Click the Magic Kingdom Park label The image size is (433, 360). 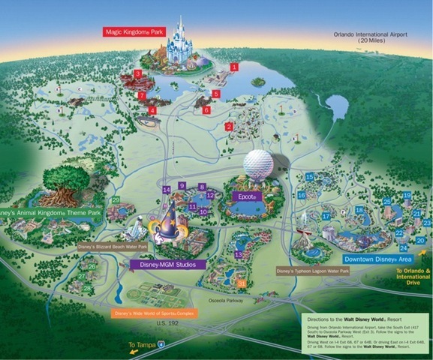pyautogui.click(x=136, y=32)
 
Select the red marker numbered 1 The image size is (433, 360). pyautogui.click(x=234, y=67)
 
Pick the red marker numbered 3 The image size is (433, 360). pyautogui.click(x=137, y=73)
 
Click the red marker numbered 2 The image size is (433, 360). pyautogui.click(x=229, y=127)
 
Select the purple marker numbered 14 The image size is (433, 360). pyautogui.click(x=166, y=190)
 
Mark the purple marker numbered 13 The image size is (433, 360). pyautogui.click(x=238, y=254)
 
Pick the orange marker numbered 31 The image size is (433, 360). pyautogui.click(x=242, y=283)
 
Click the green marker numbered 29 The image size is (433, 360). pyautogui.click(x=116, y=199)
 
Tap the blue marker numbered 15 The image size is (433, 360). pyautogui.click(x=309, y=176)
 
